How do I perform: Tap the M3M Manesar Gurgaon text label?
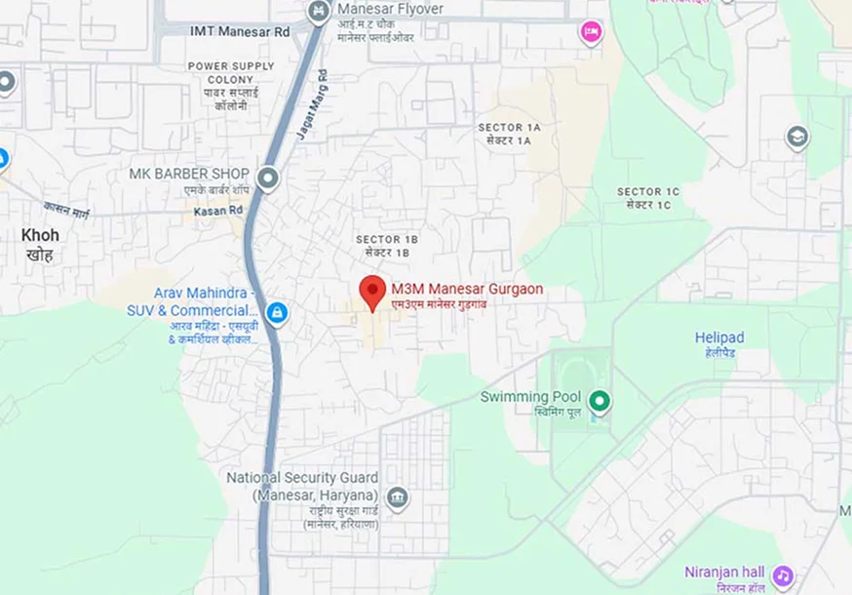pyautogui.click(x=467, y=290)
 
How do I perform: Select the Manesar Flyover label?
pyautogui.click(x=390, y=9)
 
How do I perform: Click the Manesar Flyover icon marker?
pyautogui.click(x=317, y=12)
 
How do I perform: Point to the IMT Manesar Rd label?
pyautogui.click(x=240, y=31)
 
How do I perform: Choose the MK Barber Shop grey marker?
pyautogui.click(x=268, y=178)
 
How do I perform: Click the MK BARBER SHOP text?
pyautogui.click(x=189, y=174)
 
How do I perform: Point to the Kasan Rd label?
pyautogui.click(x=217, y=211)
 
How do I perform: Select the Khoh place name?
pyautogui.click(x=40, y=235)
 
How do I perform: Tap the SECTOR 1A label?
pyautogui.click(x=509, y=128)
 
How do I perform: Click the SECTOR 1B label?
pyautogui.click(x=386, y=239)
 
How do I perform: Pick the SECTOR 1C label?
pyautogui.click(x=648, y=192)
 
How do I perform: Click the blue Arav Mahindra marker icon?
pyautogui.click(x=277, y=312)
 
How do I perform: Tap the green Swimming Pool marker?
pyautogui.click(x=600, y=399)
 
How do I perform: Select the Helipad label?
pyautogui.click(x=719, y=337)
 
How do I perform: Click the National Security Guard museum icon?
pyautogui.click(x=397, y=497)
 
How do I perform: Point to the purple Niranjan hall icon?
pyautogui.click(x=782, y=575)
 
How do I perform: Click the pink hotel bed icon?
pyautogui.click(x=590, y=33)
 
